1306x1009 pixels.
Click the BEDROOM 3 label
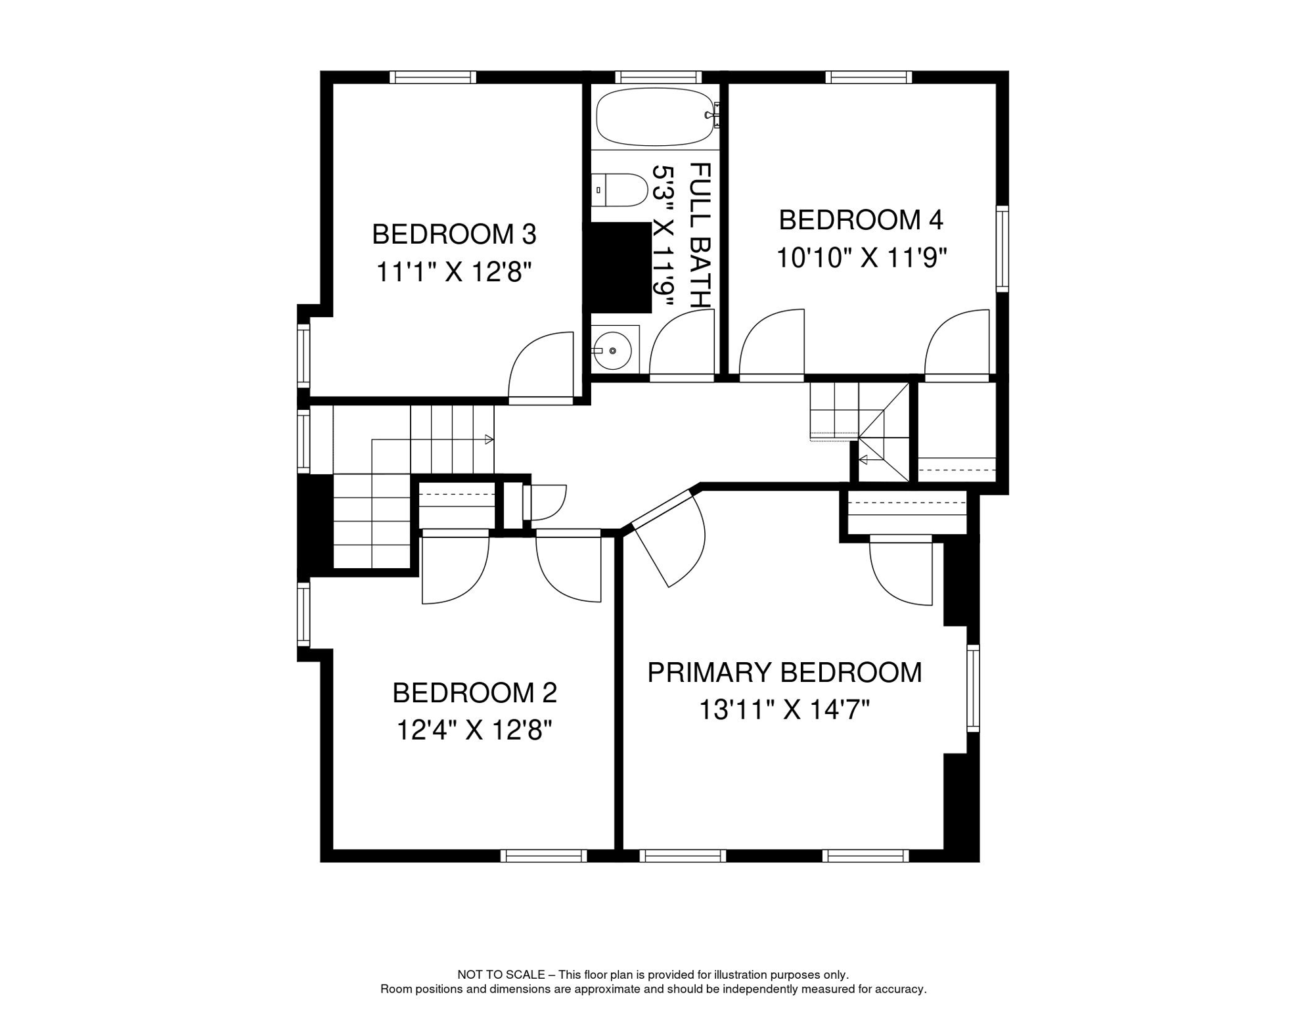pos(454,235)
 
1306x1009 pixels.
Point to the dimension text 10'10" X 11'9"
pos(861,258)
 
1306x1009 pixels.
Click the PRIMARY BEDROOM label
pos(784,673)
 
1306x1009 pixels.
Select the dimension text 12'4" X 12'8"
pos(474,730)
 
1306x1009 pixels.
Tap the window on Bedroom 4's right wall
pos(1002,248)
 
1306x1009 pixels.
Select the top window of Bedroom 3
pos(433,78)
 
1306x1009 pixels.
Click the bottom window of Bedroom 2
pos(543,856)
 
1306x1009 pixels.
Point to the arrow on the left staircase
pos(489,439)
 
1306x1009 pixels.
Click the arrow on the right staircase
pos(864,459)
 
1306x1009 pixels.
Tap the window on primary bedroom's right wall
pos(973,688)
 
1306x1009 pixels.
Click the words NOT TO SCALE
pos(501,975)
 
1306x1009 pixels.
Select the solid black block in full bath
pos(621,267)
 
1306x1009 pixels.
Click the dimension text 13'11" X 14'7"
pos(784,710)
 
